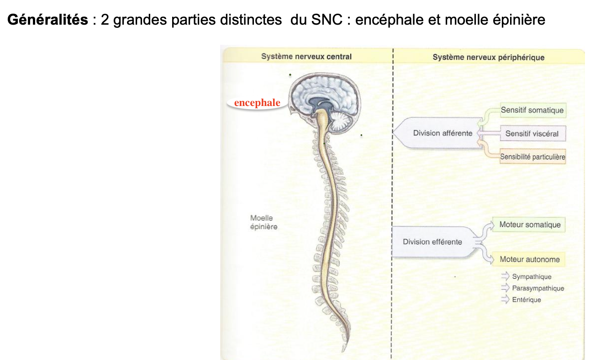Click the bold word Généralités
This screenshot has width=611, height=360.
point(47,21)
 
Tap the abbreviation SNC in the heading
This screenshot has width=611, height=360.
point(324,21)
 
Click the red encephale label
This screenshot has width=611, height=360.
point(257,103)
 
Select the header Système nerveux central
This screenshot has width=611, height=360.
point(306,57)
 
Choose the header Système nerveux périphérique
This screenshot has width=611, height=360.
point(488,58)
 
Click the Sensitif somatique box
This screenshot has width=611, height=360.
point(532,110)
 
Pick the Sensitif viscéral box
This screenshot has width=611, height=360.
point(532,134)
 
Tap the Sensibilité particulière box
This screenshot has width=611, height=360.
point(532,157)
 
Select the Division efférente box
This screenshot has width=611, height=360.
point(432,242)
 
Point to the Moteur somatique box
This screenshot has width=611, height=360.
point(530,225)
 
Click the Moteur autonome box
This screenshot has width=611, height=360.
point(529,259)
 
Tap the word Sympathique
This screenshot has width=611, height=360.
point(532,277)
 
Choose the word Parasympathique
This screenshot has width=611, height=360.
point(538,288)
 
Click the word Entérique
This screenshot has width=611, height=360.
point(527,300)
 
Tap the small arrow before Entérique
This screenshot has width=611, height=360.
point(505,300)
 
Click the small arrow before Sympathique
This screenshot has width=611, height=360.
point(505,276)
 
